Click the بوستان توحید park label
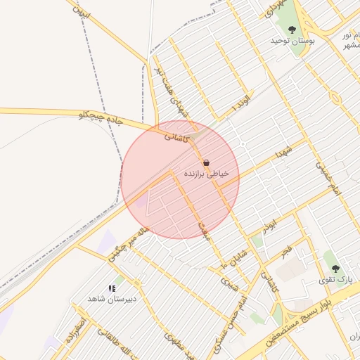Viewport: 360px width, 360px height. click(292, 41)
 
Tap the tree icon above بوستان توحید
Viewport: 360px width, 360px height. click(292, 30)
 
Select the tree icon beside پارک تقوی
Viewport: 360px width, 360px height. click(335, 269)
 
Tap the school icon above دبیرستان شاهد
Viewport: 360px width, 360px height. click(111, 288)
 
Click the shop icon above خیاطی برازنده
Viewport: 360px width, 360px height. click(206, 162)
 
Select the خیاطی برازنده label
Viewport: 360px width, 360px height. click(206, 173)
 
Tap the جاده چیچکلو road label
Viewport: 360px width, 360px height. click(100, 118)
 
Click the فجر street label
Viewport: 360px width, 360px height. click(285, 251)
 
